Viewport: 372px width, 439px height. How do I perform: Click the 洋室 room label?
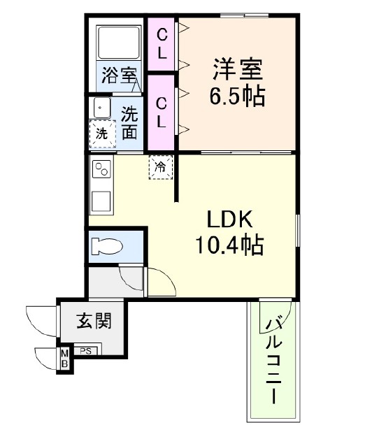point(237,71)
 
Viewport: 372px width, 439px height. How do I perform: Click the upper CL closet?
point(162,43)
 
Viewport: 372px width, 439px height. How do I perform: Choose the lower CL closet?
point(162,113)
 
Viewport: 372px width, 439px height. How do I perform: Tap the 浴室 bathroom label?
point(119,75)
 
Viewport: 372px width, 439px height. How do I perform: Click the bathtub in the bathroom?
point(118,43)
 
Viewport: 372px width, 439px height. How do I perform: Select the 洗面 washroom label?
point(129,122)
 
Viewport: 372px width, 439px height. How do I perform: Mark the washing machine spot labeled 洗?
point(102,134)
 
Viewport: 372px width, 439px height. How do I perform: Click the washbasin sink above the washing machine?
point(101,108)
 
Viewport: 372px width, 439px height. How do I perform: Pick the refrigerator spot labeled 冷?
point(161,167)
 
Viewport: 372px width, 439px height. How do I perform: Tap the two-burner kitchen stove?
point(101,170)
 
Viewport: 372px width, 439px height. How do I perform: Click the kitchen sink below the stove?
point(101,201)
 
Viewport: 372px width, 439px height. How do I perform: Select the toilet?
point(108,246)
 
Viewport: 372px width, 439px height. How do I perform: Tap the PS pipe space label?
point(86,351)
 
